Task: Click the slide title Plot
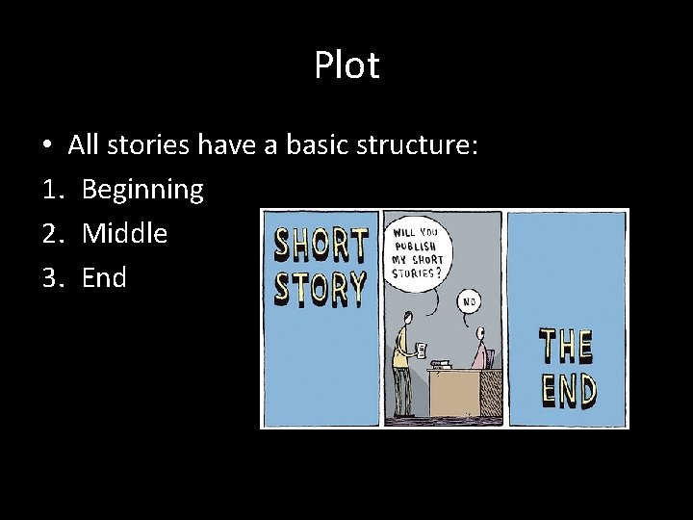346,66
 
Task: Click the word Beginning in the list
142,189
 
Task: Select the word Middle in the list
124,233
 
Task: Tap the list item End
104,278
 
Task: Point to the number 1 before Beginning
51,189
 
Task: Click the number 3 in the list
51,278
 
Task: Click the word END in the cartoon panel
568,390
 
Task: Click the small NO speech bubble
471,299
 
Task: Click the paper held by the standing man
421,348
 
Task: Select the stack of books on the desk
444,363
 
